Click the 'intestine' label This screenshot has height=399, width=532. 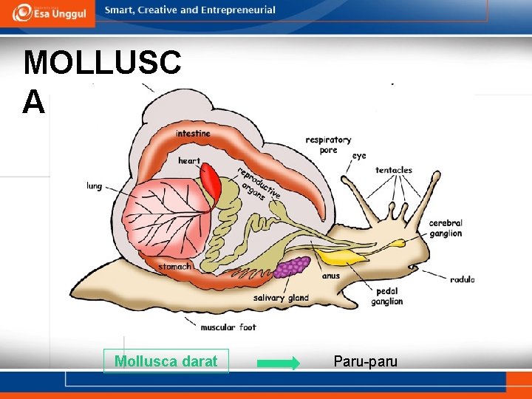coord(192,134)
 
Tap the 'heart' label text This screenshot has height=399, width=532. coord(189,161)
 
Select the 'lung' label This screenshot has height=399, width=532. coord(94,186)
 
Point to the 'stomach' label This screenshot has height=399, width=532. coord(174,266)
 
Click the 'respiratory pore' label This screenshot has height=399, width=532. coord(328,145)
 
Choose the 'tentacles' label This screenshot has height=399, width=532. coord(393,170)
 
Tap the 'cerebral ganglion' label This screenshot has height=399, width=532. coord(446,228)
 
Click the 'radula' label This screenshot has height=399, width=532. coord(462,279)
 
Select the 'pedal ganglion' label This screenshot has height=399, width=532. coord(387,296)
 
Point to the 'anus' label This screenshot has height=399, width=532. coord(331,276)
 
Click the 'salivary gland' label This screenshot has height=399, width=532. coord(281,298)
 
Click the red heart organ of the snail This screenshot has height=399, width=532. coord(210,182)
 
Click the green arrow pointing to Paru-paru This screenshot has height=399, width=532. coord(278,363)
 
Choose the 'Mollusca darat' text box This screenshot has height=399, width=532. coord(166,361)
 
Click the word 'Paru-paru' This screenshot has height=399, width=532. coord(365,361)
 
